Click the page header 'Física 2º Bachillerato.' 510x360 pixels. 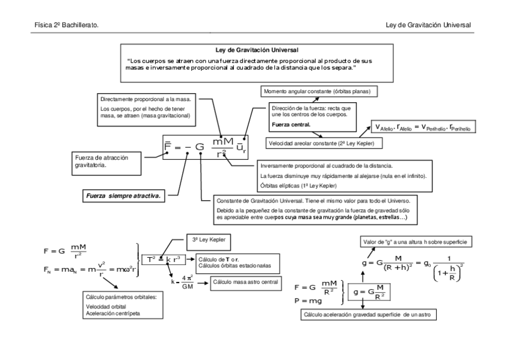(x=67, y=25)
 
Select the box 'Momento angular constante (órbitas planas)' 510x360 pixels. (x=319, y=91)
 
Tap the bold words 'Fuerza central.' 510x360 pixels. (x=291, y=125)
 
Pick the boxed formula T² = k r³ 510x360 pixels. (x=164, y=260)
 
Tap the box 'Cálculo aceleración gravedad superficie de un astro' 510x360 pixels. (x=369, y=314)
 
